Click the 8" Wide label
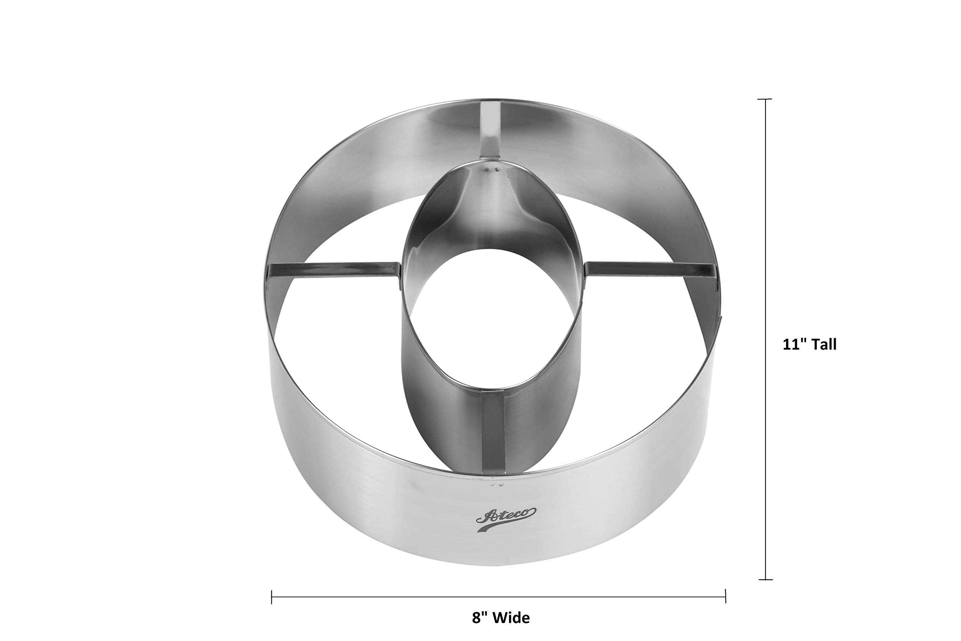tap(500, 617)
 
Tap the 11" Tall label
tap(809, 344)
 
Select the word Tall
tap(823, 344)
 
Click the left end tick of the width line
tap(272, 597)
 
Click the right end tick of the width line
tap(726, 596)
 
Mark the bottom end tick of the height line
tap(765, 580)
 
